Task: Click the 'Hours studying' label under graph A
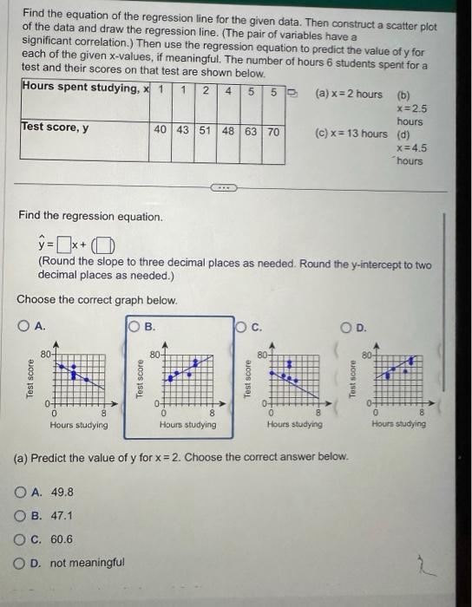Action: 78,425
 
